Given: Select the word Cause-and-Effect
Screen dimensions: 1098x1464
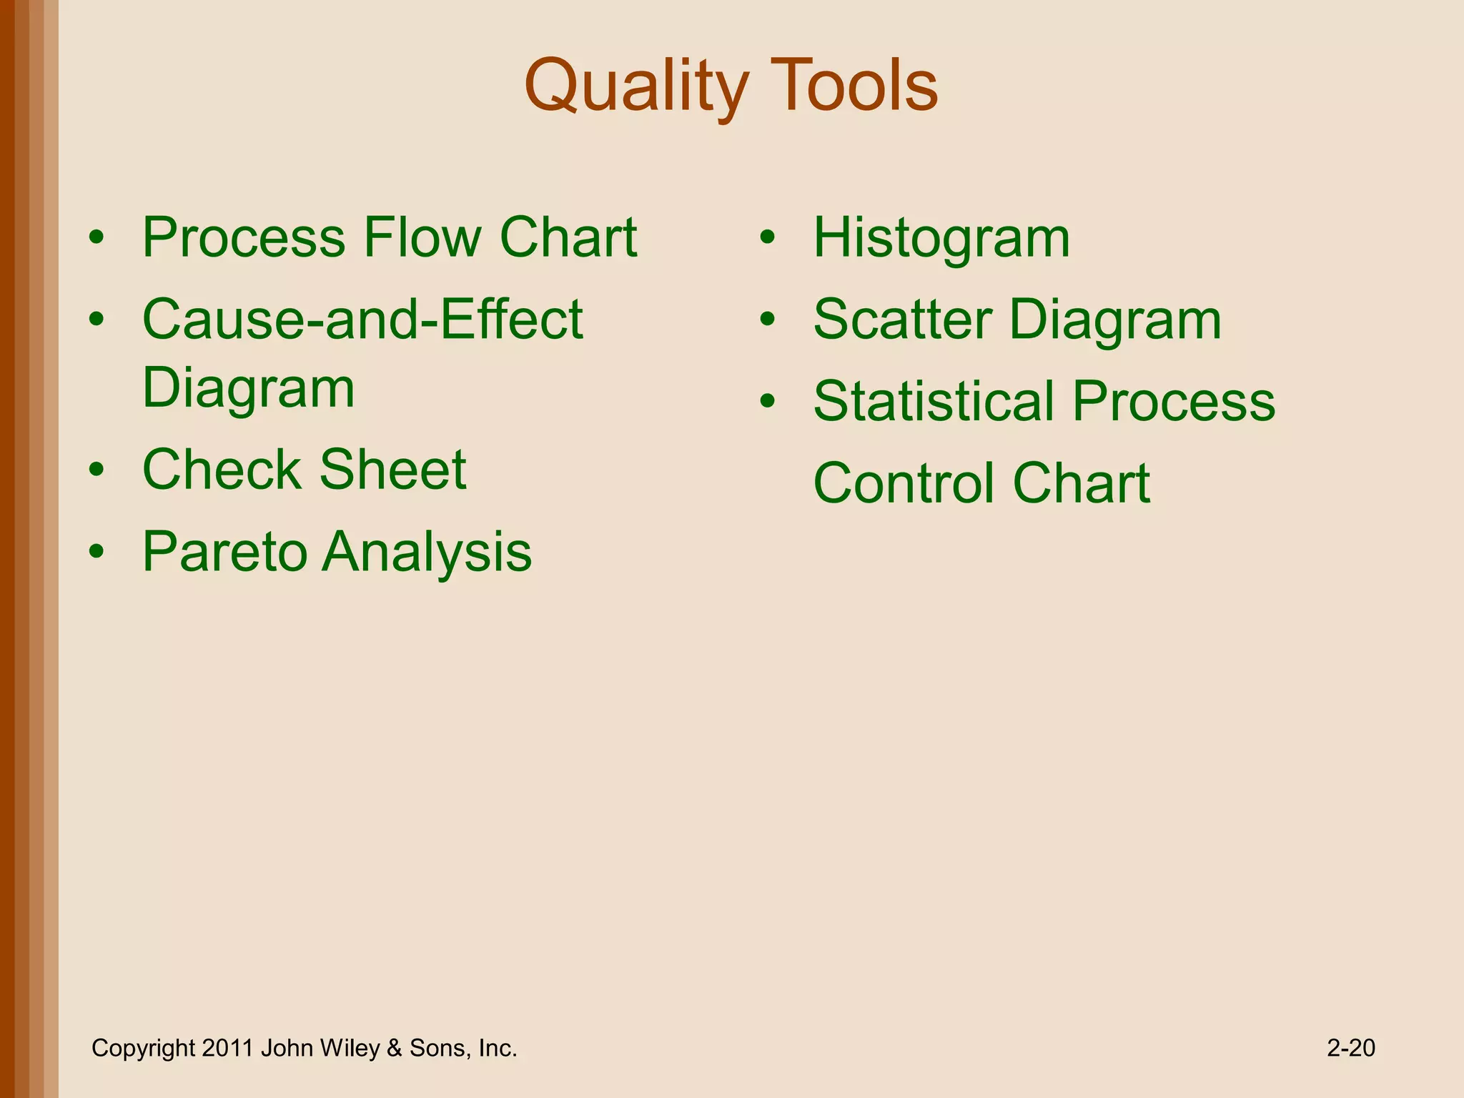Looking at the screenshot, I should (x=362, y=320).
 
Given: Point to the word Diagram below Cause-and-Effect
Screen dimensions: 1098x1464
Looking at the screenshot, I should (x=248, y=388).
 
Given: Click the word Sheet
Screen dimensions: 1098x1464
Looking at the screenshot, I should (x=392, y=470).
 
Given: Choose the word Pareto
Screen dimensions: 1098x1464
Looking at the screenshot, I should (x=224, y=552).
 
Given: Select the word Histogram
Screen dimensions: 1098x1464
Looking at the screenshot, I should (x=941, y=239).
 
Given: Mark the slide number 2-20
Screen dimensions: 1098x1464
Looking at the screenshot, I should (x=1350, y=1048).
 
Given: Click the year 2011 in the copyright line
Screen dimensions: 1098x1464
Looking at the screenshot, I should (x=227, y=1048).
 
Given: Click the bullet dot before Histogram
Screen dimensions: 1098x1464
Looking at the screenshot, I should (x=767, y=239).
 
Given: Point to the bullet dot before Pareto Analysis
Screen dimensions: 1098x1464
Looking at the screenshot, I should (x=97, y=553).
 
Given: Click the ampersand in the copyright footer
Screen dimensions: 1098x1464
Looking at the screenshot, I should (x=394, y=1048).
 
